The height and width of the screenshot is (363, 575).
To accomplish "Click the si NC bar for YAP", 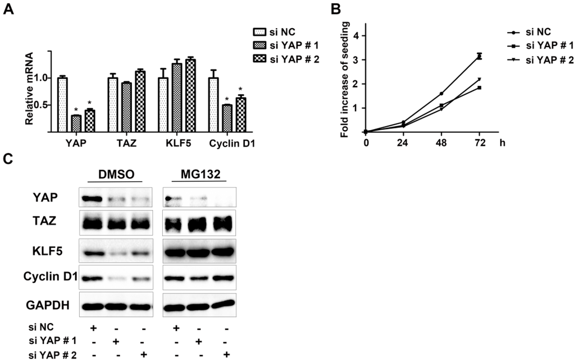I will pyautogui.click(x=62, y=104).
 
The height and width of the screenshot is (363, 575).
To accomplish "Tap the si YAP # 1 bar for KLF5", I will pyautogui.click(x=177, y=98).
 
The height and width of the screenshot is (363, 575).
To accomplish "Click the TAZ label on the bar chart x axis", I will pyautogui.click(x=125, y=144).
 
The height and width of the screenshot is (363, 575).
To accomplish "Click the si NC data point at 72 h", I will pyautogui.click(x=479, y=56).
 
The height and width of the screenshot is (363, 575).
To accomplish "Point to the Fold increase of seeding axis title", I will pyautogui.click(x=347, y=80).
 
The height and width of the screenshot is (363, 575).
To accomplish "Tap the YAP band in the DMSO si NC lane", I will pyautogui.click(x=92, y=198).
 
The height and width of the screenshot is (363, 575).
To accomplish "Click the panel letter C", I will pyautogui.click(x=7, y=158).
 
